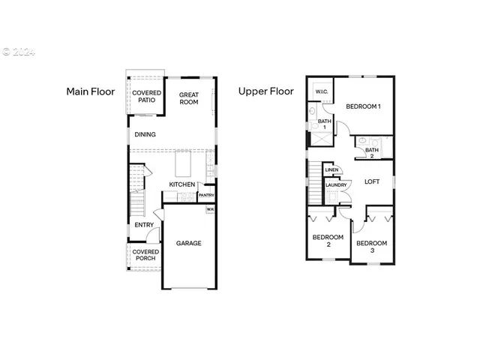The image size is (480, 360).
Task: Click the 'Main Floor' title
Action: pos(90,91)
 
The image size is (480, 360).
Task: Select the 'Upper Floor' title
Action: pos(265,91)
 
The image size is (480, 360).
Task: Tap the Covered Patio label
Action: pos(146,97)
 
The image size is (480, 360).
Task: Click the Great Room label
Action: pos(189,98)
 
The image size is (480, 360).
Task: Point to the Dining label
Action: pos(145,135)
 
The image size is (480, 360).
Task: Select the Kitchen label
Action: pos(181,184)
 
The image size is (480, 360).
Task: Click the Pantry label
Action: pos(206,196)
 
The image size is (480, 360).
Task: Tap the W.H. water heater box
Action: pos(211,209)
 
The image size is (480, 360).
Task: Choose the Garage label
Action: pos(188,243)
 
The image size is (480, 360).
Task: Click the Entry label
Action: pos(144,225)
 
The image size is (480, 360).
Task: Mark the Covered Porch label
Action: pos(145,255)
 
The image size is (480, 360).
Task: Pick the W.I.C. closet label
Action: pos(321,91)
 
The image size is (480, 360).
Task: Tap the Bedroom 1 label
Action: pos(363,106)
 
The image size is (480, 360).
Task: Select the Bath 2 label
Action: pos(372,153)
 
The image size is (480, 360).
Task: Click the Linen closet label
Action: pos(331,170)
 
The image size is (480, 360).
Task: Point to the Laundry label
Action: pos(335,184)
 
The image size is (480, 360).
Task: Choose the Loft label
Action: pos(372,181)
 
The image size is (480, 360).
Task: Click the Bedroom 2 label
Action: pos(328,241)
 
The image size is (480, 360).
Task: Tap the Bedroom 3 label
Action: pos(371,246)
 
